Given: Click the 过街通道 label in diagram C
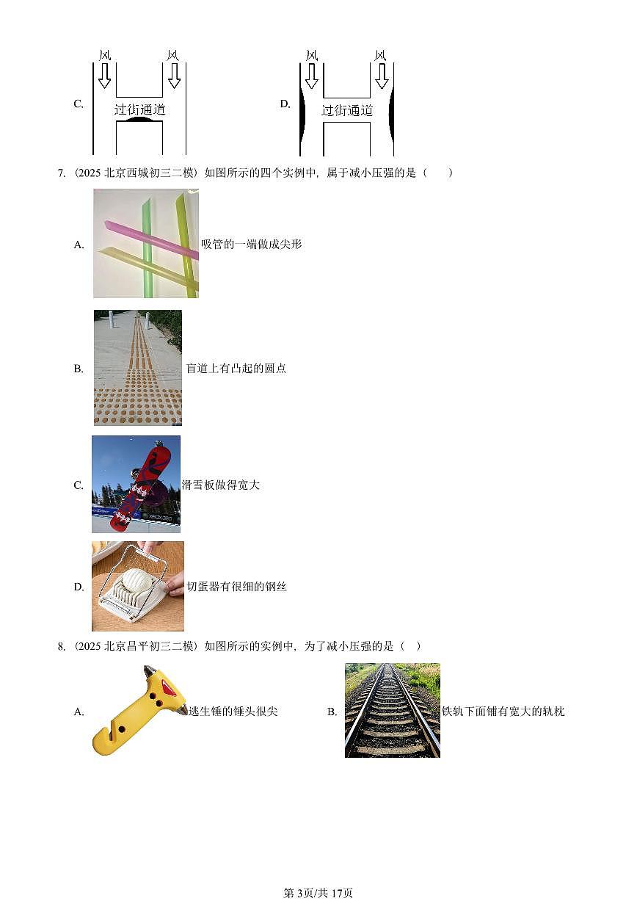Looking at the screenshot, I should pyautogui.click(x=140, y=110).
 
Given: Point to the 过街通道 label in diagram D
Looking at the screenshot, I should pyautogui.click(x=347, y=110).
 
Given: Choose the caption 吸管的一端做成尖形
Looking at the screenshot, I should pyautogui.click(x=251, y=245).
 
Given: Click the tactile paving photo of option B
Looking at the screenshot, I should pyautogui.click(x=138, y=367).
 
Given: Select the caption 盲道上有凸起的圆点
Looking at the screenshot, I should pyautogui.click(x=236, y=369).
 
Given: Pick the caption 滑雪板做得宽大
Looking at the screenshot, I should pyautogui.click(x=220, y=485).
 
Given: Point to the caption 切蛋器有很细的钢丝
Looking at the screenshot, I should pyautogui.click(x=236, y=587).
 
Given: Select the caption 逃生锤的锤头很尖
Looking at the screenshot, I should pyautogui.click(x=233, y=712).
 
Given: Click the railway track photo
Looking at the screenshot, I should pyautogui.click(x=392, y=710).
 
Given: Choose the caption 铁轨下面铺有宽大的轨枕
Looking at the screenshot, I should pyautogui.click(x=503, y=712).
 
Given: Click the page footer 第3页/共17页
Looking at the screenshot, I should pyautogui.click(x=318, y=893).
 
